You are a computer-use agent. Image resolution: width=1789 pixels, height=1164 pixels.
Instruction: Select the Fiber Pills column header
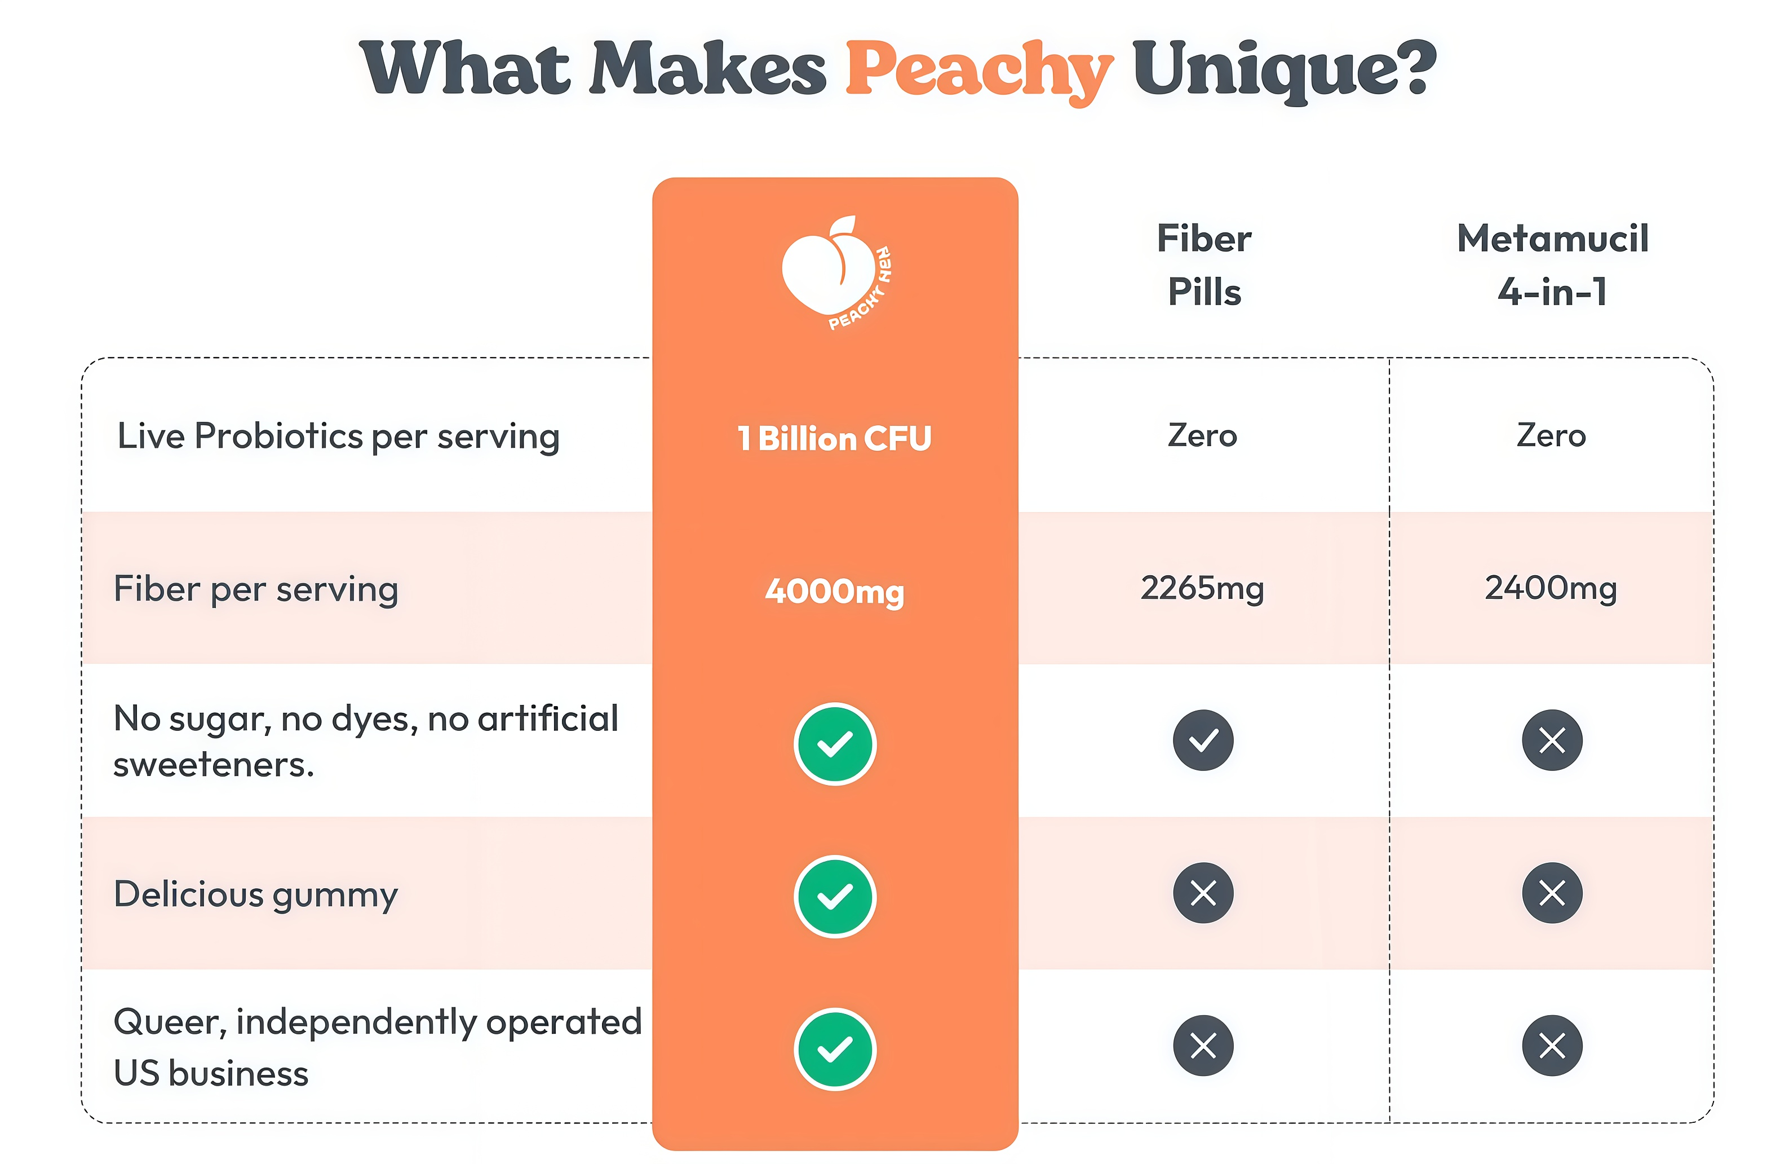[x=1203, y=264]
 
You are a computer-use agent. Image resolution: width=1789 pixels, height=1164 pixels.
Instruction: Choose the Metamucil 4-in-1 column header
[x=1552, y=264]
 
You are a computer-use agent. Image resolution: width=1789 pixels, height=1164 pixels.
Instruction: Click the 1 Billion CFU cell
[x=834, y=438]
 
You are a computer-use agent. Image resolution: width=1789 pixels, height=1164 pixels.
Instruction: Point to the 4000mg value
[x=834, y=591]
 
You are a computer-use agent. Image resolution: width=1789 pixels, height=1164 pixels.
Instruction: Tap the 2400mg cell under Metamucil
[x=1551, y=588]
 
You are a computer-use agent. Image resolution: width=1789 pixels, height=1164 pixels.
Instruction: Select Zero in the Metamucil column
[x=1551, y=436]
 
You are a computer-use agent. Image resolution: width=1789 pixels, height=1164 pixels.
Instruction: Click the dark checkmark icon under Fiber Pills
[x=1203, y=740]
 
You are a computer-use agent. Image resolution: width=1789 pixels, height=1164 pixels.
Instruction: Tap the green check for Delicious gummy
[x=834, y=896]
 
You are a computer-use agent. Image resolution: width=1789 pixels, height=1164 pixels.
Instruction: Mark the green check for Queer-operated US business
[x=834, y=1049]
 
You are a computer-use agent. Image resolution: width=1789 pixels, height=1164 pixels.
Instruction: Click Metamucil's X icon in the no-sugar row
[x=1552, y=740]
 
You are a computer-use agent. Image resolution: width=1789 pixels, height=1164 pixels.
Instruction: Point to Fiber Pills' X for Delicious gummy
[x=1203, y=893]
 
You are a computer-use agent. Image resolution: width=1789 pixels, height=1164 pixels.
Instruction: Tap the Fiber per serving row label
[x=255, y=589]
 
